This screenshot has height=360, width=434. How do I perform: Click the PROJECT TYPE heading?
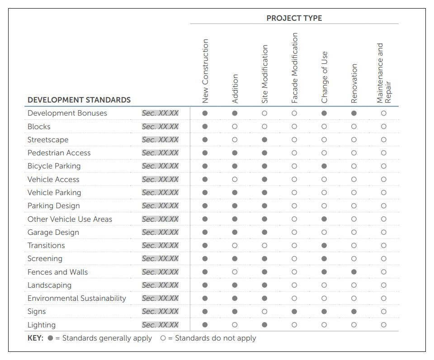coord(294,18)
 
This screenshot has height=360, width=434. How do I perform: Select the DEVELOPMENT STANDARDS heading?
coord(79,100)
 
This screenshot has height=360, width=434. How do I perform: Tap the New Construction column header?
coord(205,71)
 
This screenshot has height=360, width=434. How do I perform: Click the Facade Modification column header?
coord(294,68)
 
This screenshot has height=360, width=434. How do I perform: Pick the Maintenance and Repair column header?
coord(383,73)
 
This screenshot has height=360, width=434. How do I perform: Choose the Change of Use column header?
coord(324,77)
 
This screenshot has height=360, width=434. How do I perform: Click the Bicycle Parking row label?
coord(54,166)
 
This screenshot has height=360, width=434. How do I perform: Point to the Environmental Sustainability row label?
coord(76,298)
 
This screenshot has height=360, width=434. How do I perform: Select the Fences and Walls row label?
coord(57,272)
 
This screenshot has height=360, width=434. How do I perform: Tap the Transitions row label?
coord(46,245)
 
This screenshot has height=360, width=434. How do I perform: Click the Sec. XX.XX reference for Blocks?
coord(160,126)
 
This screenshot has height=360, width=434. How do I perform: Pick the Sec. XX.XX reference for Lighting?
coord(160,325)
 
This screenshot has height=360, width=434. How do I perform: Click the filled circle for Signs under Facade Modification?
coord(294,312)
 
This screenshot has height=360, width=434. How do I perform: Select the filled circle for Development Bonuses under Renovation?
coord(354,113)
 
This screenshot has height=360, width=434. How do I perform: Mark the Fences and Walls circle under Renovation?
coord(354,272)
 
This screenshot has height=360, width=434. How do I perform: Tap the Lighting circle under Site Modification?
coord(264,325)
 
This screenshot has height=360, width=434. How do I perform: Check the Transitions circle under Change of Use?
coord(324,245)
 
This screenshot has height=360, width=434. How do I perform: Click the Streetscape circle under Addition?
coord(235,140)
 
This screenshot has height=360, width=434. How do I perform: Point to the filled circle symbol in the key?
coord(50,338)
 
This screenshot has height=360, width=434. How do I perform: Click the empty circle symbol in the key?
coord(163,338)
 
